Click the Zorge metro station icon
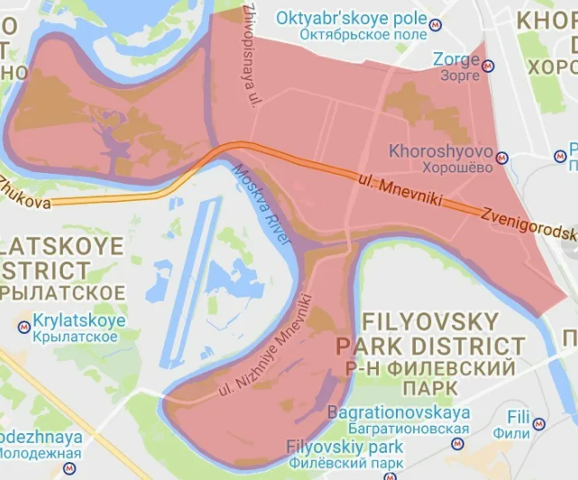(x=489, y=66)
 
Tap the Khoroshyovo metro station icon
(x=503, y=158)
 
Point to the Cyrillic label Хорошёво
(x=440, y=167)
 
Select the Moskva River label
(x=261, y=208)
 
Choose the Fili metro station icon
(x=538, y=422)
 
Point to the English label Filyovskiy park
(x=344, y=447)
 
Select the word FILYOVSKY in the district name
(x=429, y=322)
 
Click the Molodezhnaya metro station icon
(x=69, y=468)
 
